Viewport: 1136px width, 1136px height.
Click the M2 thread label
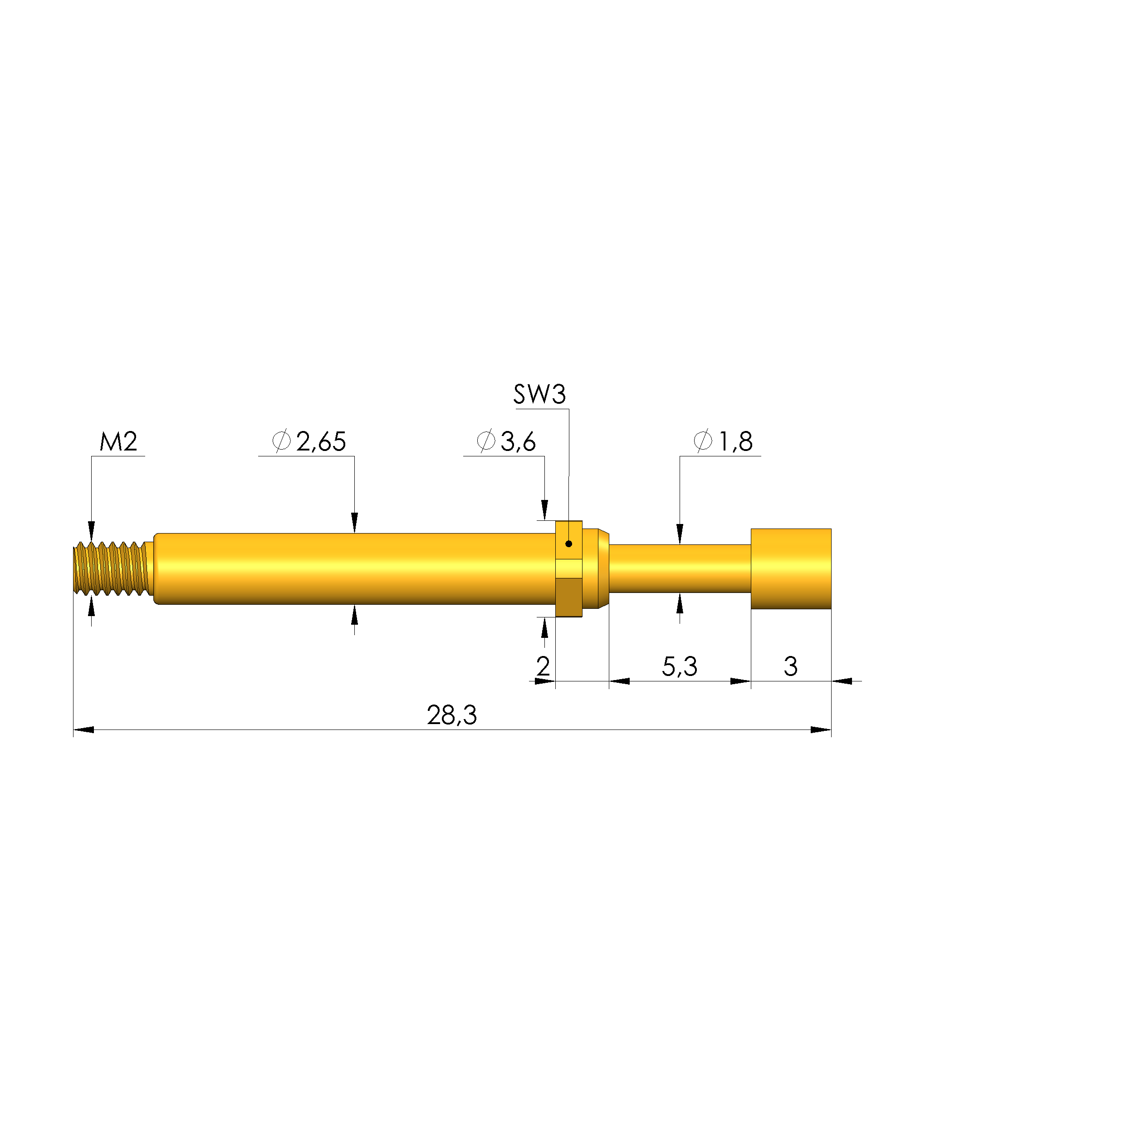tap(118, 441)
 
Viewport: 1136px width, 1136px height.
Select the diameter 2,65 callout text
tap(309, 441)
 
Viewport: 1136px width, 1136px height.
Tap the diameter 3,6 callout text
tap(506, 441)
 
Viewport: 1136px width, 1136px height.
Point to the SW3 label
tap(539, 395)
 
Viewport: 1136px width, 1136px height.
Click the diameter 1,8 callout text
tap(723, 441)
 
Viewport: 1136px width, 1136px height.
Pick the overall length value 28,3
tap(451, 715)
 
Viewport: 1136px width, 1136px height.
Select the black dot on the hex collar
tap(568, 544)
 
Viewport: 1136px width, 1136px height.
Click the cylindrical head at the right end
tap(791, 568)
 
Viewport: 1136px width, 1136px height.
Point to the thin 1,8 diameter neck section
tap(680, 568)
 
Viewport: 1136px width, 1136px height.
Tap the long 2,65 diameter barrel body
tap(353, 568)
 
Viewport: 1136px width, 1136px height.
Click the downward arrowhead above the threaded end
tap(91, 530)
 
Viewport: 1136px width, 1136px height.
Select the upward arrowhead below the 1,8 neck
tap(680, 604)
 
